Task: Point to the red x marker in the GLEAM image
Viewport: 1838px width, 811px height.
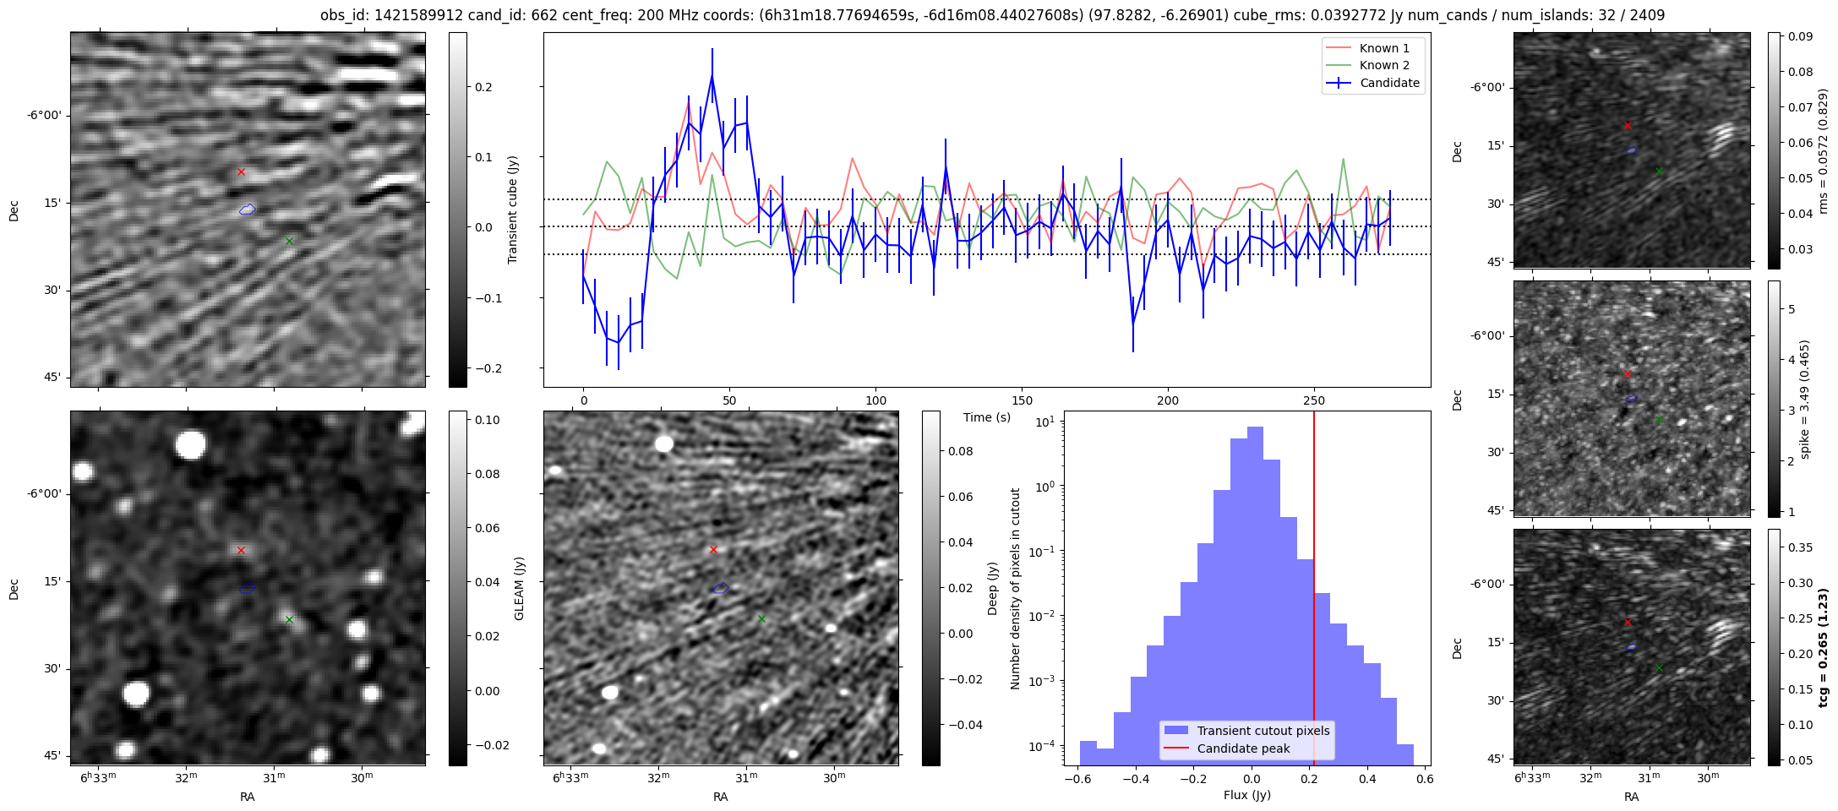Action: pos(241,550)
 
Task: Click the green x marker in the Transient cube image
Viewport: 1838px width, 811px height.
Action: pos(289,241)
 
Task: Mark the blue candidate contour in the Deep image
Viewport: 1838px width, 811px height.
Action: pos(720,588)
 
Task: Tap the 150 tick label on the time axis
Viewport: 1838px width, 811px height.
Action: pos(1022,401)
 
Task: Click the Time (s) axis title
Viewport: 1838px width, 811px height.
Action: pos(987,417)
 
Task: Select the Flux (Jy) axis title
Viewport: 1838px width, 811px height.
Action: pos(1246,795)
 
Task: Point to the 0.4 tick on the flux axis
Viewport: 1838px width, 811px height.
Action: pos(1367,779)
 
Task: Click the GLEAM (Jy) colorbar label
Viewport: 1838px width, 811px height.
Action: pos(519,588)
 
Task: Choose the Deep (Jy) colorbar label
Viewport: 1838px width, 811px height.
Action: pos(992,588)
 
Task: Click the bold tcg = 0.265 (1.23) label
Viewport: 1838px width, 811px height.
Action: pos(1823,647)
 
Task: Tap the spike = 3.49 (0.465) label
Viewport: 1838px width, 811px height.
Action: pos(1805,399)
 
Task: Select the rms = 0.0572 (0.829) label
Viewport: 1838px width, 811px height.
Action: pos(1823,150)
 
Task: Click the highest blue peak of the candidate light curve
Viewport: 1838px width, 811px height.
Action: pos(712,76)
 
